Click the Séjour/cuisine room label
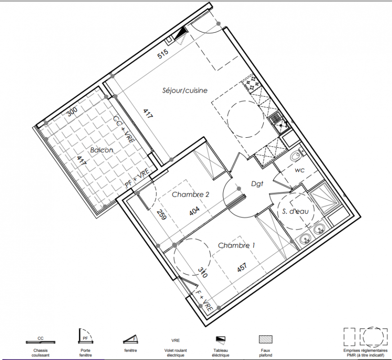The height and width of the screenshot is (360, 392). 185,90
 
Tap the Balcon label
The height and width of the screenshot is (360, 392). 102,150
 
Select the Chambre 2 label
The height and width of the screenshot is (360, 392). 190,194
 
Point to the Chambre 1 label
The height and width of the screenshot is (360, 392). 236,245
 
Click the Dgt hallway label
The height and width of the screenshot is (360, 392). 257,184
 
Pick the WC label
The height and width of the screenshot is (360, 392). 300,171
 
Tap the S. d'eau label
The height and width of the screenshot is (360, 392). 296,211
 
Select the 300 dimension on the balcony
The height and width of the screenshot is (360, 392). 72,112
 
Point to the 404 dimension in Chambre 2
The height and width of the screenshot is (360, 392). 194,211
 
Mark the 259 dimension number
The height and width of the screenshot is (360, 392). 162,215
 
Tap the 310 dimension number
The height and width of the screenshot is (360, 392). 203,273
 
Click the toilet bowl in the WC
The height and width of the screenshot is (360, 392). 297,156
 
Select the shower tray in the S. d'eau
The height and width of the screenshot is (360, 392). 324,199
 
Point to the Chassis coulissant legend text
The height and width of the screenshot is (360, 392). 41,353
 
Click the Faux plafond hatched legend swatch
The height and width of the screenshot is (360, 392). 266,339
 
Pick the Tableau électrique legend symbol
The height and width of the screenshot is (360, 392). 221,339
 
